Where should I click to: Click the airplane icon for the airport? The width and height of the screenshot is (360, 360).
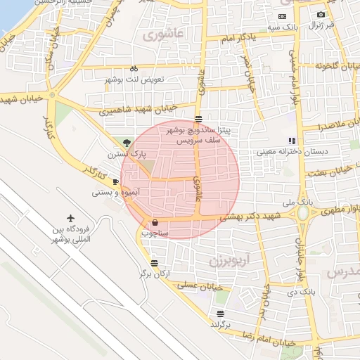pyautogui.click(x=71, y=218)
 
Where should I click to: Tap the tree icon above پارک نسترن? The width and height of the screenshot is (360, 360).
pyautogui.click(x=127, y=143)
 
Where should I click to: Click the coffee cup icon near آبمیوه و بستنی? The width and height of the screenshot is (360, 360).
pyautogui.click(x=115, y=181)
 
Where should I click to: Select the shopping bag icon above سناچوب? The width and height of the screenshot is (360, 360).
pyautogui.click(x=155, y=222)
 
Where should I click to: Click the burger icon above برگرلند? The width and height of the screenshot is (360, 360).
pyautogui.click(x=221, y=314)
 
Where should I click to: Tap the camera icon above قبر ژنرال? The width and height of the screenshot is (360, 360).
pyautogui.click(x=321, y=15)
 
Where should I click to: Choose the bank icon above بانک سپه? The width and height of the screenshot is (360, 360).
pyautogui.click(x=282, y=16)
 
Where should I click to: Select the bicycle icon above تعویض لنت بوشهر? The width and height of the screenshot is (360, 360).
pyautogui.click(x=134, y=69)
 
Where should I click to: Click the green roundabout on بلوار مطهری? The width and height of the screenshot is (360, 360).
pyautogui.click(x=303, y=212)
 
